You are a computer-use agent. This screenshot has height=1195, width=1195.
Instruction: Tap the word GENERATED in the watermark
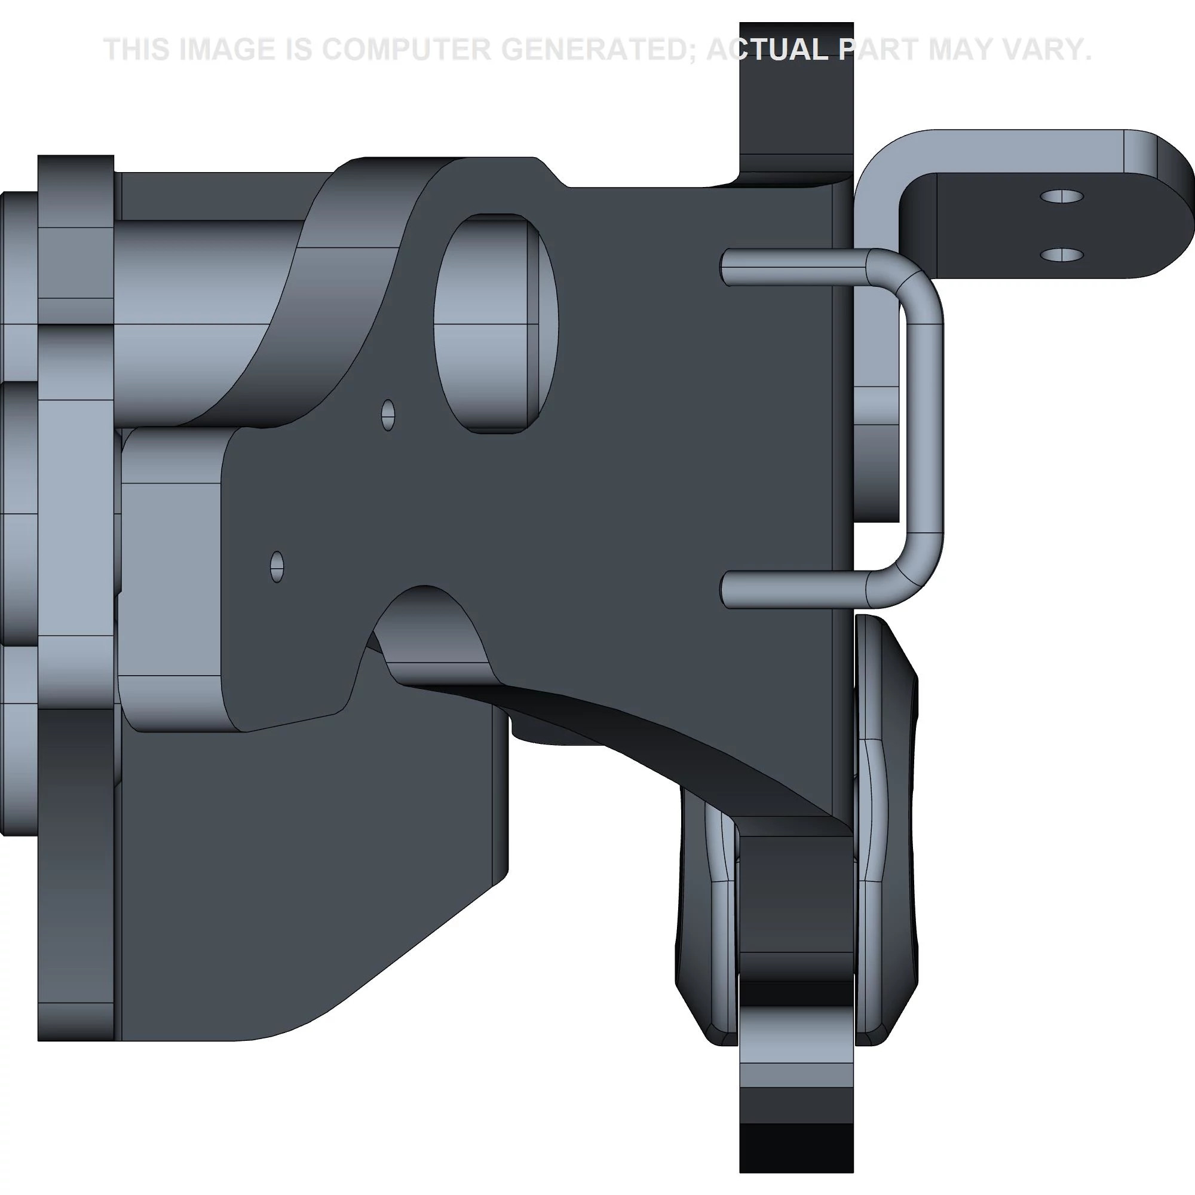597,50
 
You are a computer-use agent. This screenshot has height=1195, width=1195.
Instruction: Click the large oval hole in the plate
495,323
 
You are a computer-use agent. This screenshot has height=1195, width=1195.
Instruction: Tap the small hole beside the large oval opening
388,415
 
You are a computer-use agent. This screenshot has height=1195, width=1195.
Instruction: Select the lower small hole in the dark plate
277,566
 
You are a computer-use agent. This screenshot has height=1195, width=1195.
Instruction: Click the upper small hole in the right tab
1061,197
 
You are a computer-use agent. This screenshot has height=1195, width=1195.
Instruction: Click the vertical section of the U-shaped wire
926,427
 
